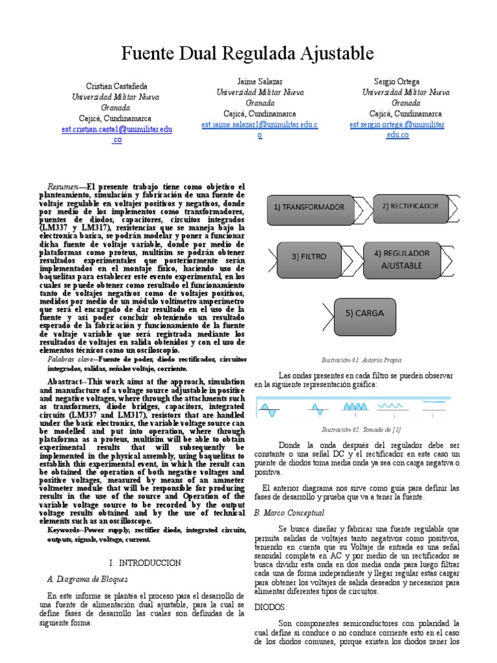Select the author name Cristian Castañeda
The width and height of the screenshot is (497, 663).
116,86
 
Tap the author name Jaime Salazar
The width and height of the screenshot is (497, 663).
260,82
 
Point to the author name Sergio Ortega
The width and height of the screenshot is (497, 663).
397,82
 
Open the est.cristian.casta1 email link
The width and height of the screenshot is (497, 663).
116,129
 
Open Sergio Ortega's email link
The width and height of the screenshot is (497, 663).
397,124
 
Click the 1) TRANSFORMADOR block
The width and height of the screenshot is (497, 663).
309,207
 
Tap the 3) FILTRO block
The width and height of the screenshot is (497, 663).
309,256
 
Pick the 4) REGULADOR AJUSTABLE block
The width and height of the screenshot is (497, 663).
401,259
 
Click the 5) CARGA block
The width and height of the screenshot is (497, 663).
364,313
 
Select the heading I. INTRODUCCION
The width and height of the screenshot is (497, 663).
144,563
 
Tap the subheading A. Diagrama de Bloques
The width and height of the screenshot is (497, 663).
88,579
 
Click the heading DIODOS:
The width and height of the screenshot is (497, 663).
267,607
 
